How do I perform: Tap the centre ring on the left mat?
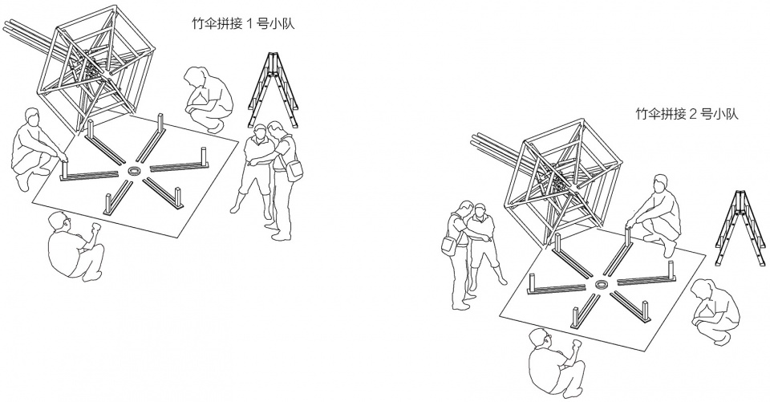(x=134, y=171)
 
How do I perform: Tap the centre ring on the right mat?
(x=601, y=285)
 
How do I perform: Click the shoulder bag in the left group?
(x=294, y=170)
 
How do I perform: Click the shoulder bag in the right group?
(x=448, y=244)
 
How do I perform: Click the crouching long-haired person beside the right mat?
(x=714, y=310)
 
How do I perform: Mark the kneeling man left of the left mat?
(x=36, y=149)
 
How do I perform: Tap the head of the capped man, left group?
(x=259, y=132)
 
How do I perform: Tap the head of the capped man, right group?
(x=480, y=213)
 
